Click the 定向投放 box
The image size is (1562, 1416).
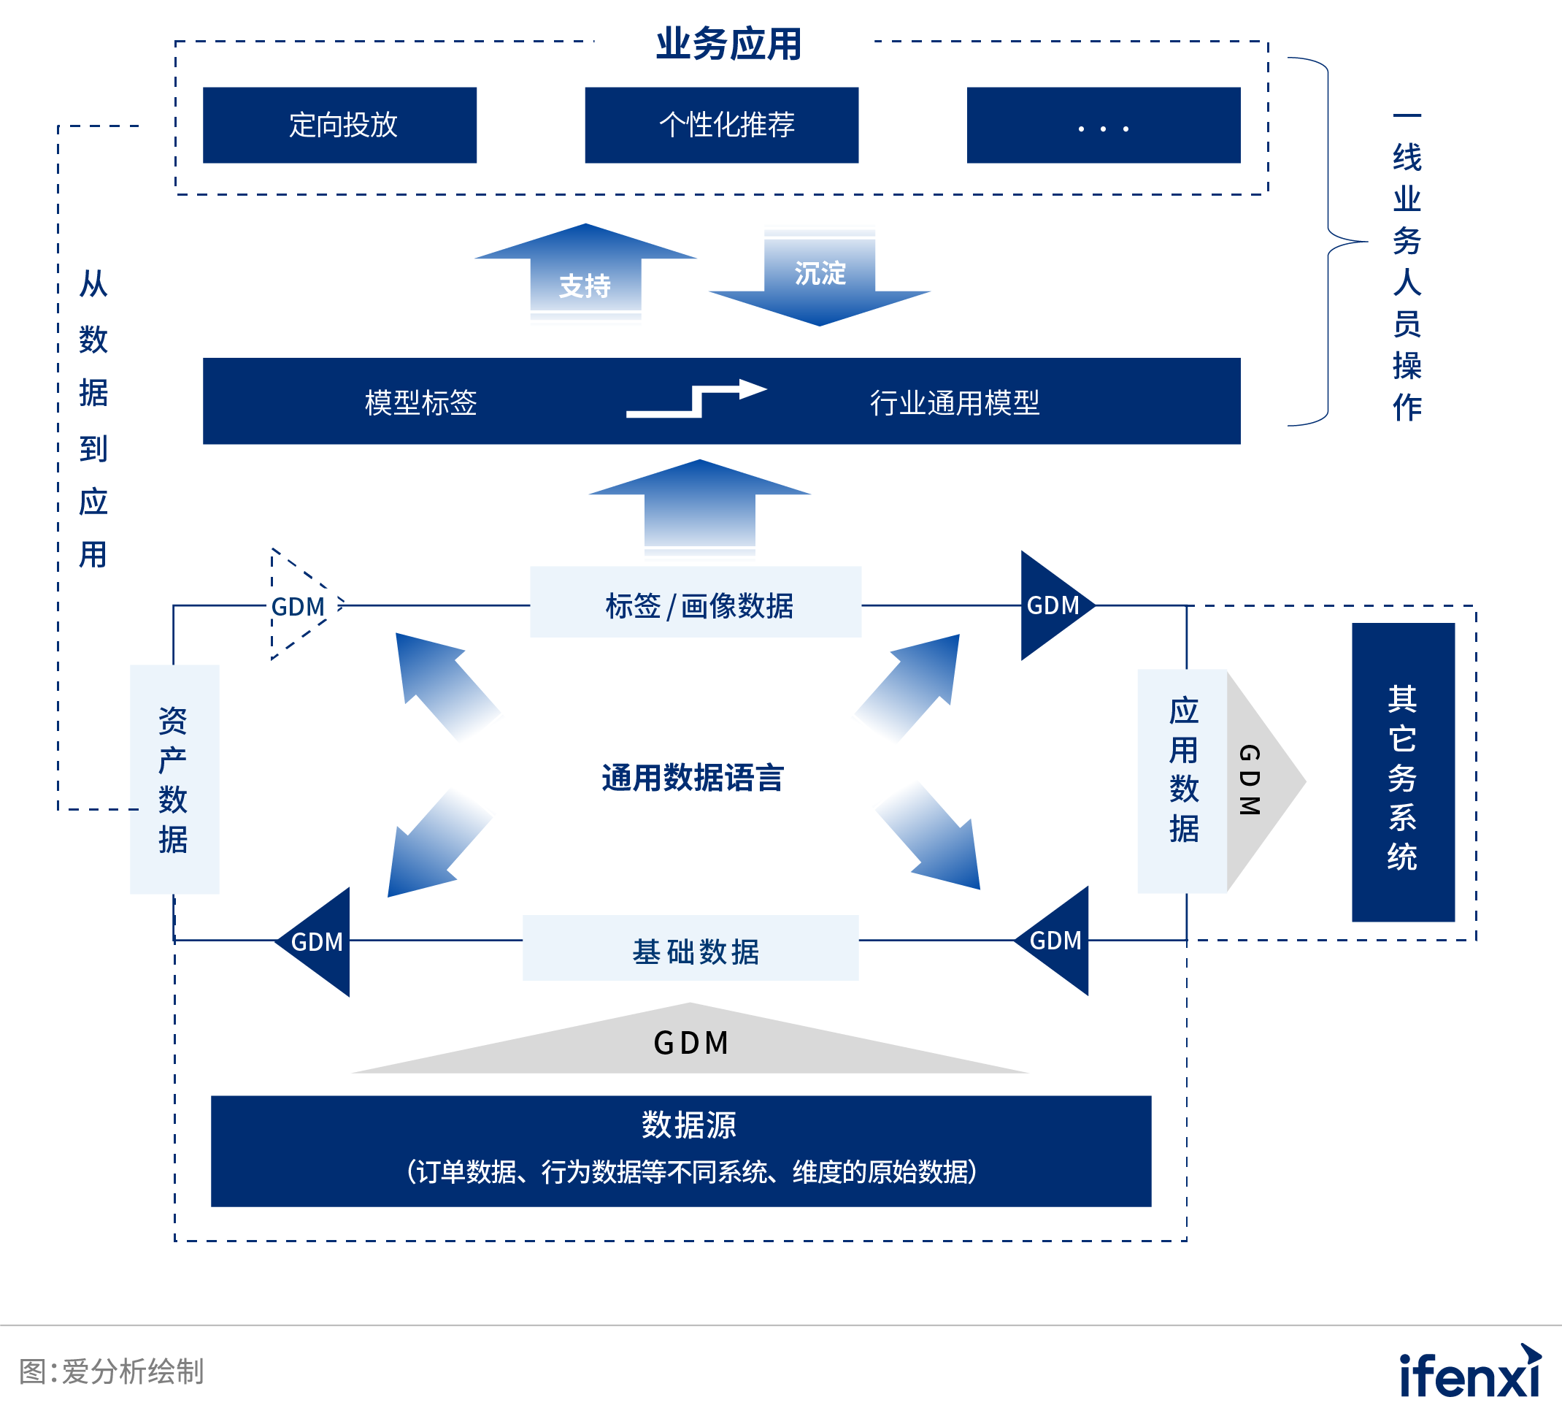pos(339,125)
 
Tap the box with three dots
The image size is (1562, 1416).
pos(1103,125)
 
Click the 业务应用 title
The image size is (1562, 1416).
pos(728,44)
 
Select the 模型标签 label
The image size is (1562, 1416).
pos(420,402)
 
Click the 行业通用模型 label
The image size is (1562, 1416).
pos(954,402)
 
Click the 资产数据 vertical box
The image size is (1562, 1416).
pos(174,778)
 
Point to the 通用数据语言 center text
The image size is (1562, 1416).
pos(692,777)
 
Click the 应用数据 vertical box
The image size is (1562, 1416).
pos(1182,780)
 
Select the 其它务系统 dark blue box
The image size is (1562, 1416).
pos(1402,771)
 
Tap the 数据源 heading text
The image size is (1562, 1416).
pos(688,1125)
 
